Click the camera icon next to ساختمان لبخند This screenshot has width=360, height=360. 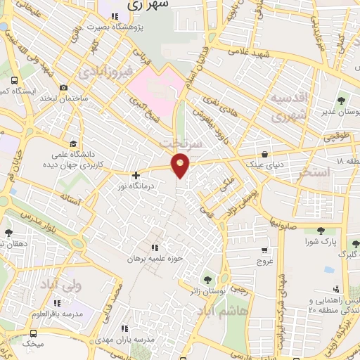(x=64, y=88)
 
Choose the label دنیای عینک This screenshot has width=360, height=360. (x=264, y=166)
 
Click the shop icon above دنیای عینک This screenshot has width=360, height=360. (x=264, y=154)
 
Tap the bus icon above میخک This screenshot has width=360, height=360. (x=33, y=333)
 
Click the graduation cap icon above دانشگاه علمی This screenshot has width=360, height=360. (x=72, y=142)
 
